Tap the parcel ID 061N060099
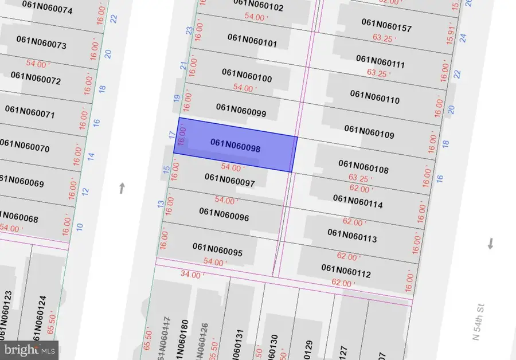pyautogui.click(x=241, y=110)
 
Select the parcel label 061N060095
pyautogui.click(x=217, y=250)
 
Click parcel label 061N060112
pyautogui.click(x=346, y=271)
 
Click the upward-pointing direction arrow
pyautogui.click(x=122, y=188)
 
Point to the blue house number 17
pyautogui.click(x=171, y=135)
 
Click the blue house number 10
pyautogui.click(x=80, y=226)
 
